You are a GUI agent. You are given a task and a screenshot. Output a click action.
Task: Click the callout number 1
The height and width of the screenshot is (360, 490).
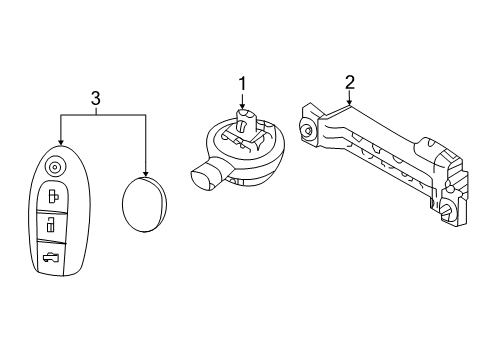coord(241,84)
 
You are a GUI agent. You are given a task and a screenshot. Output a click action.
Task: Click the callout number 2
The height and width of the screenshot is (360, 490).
coord(350,82)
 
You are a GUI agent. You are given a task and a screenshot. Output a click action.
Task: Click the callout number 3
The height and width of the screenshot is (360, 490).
coord(96,98)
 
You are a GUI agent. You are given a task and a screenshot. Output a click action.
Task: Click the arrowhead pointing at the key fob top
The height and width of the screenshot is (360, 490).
coord(62,142)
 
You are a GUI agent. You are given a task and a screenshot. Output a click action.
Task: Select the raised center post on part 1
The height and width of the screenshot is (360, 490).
coord(242,129)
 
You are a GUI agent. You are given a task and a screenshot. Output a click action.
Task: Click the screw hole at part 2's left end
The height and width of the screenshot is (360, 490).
coord(309,131)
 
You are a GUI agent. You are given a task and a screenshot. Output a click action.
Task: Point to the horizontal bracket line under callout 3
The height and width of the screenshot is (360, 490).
coord(104,115)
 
